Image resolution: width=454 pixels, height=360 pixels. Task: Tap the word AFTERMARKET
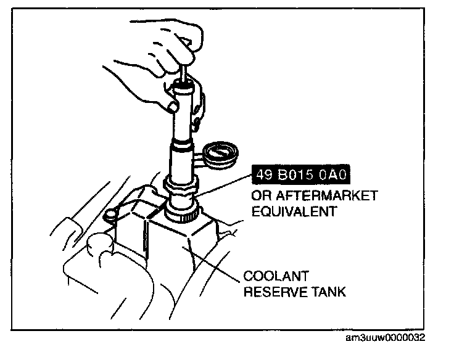[323, 196]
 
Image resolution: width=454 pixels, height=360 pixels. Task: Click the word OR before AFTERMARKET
[259, 196]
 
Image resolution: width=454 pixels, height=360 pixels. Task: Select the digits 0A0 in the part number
[333, 177]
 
